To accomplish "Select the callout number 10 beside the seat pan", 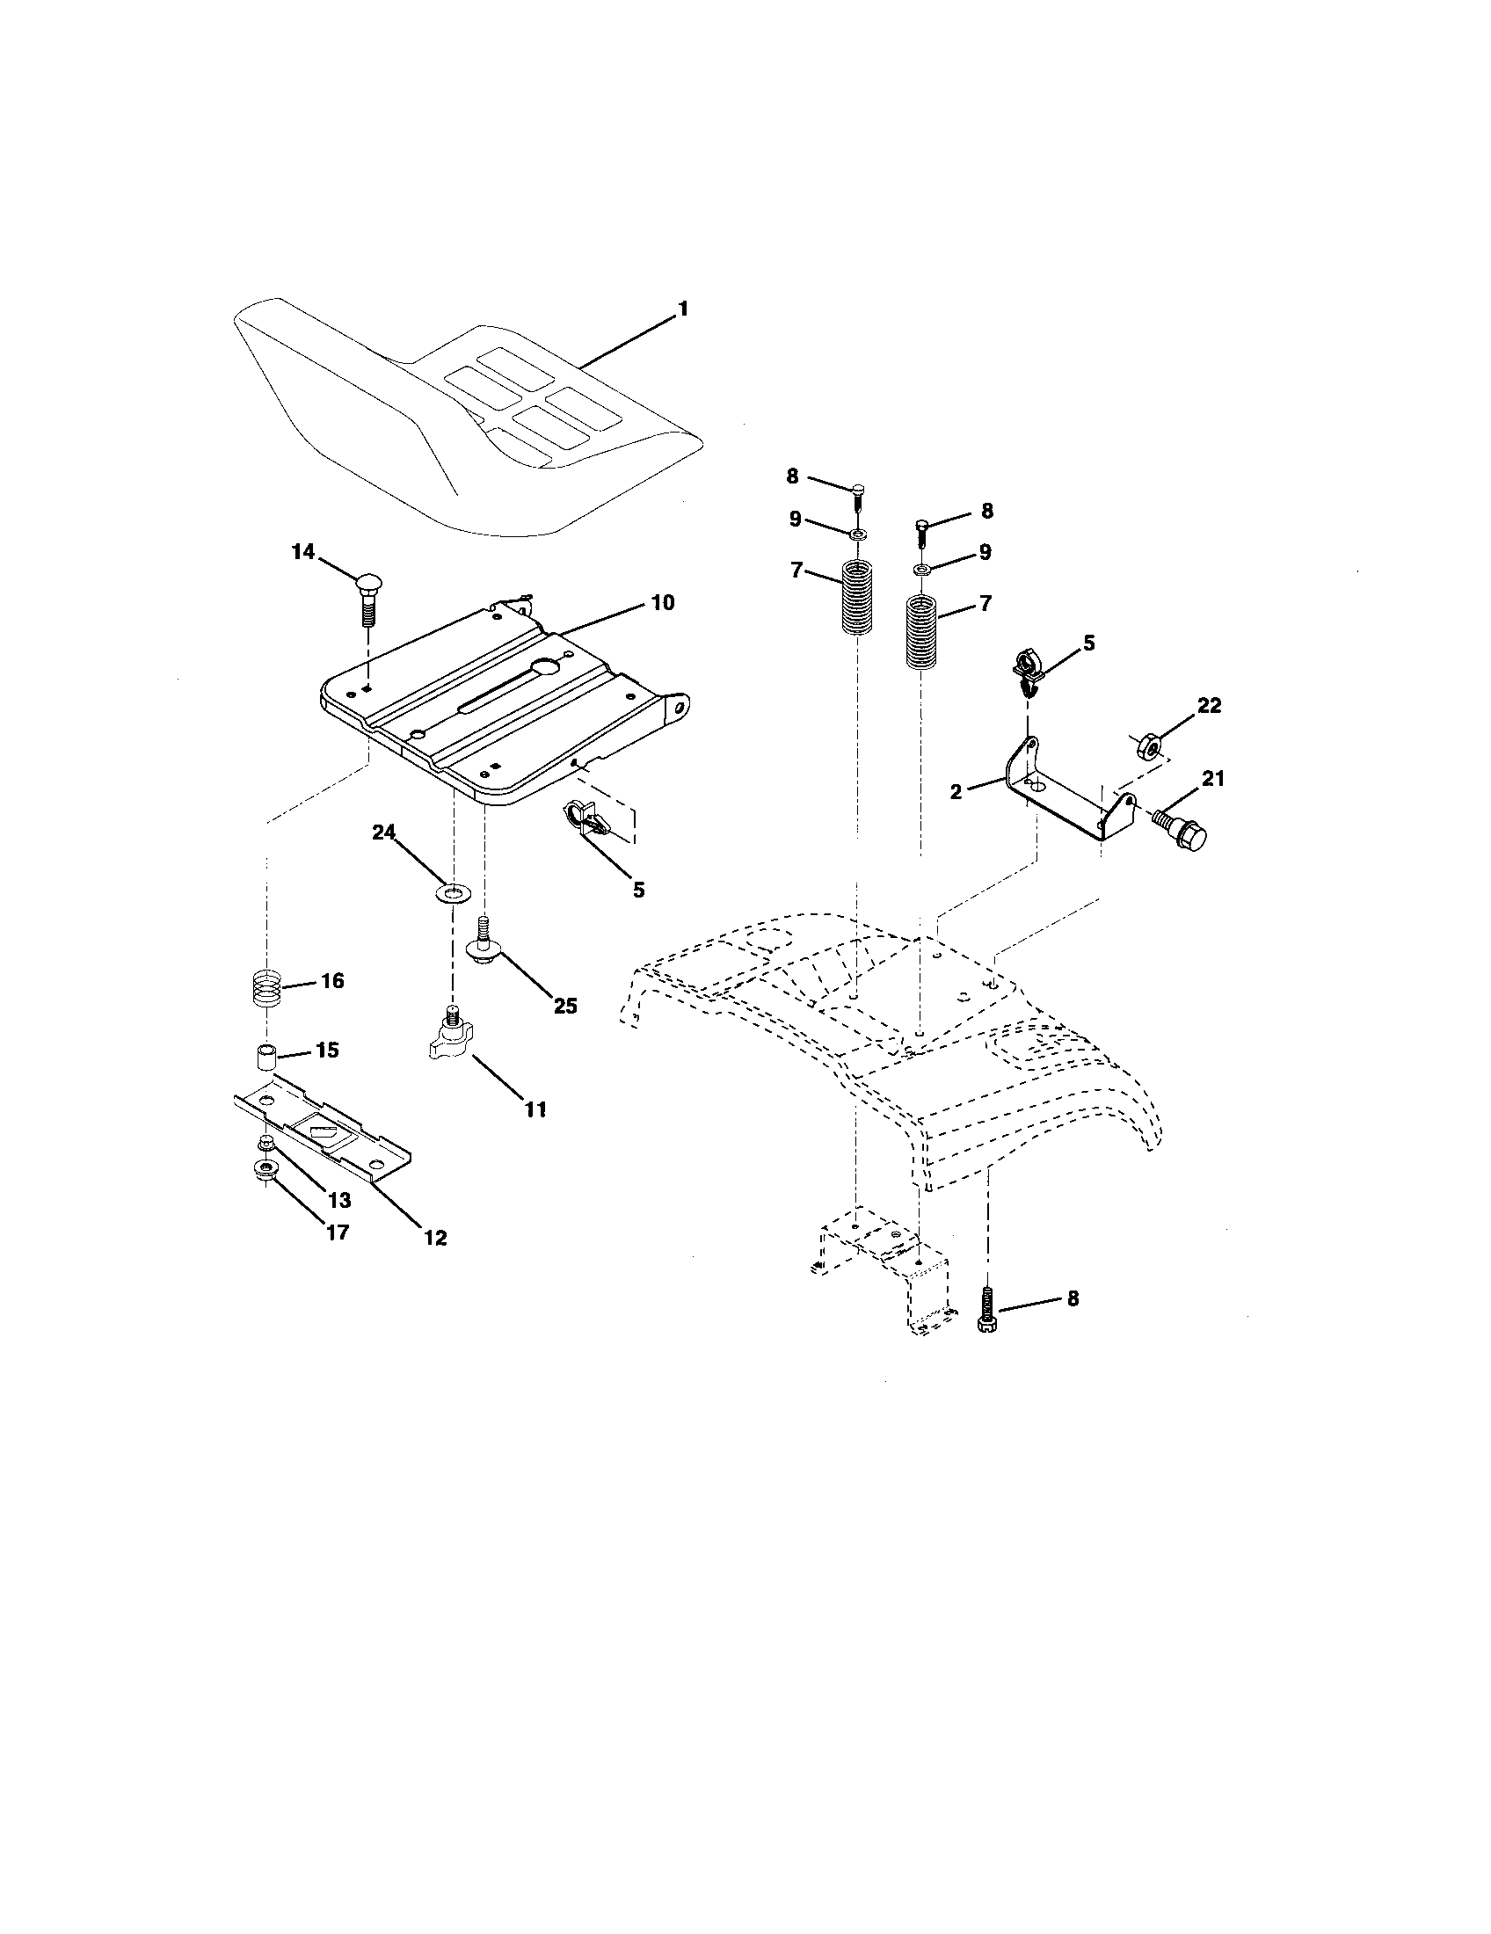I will pyautogui.click(x=662, y=603).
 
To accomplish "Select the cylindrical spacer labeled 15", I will pyautogui.click(x=263, y=1058).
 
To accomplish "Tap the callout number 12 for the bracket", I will pyautogui.click(x=434, y=1238).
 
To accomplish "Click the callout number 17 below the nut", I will pyautogui.click(x=337, y=1232).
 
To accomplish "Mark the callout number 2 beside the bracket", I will pyautogui.click(x=956, y=792).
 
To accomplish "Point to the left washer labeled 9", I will pyautogui.click(x=857, y=534).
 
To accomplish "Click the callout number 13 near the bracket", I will pyautogui.click(x=339, y=1200).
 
